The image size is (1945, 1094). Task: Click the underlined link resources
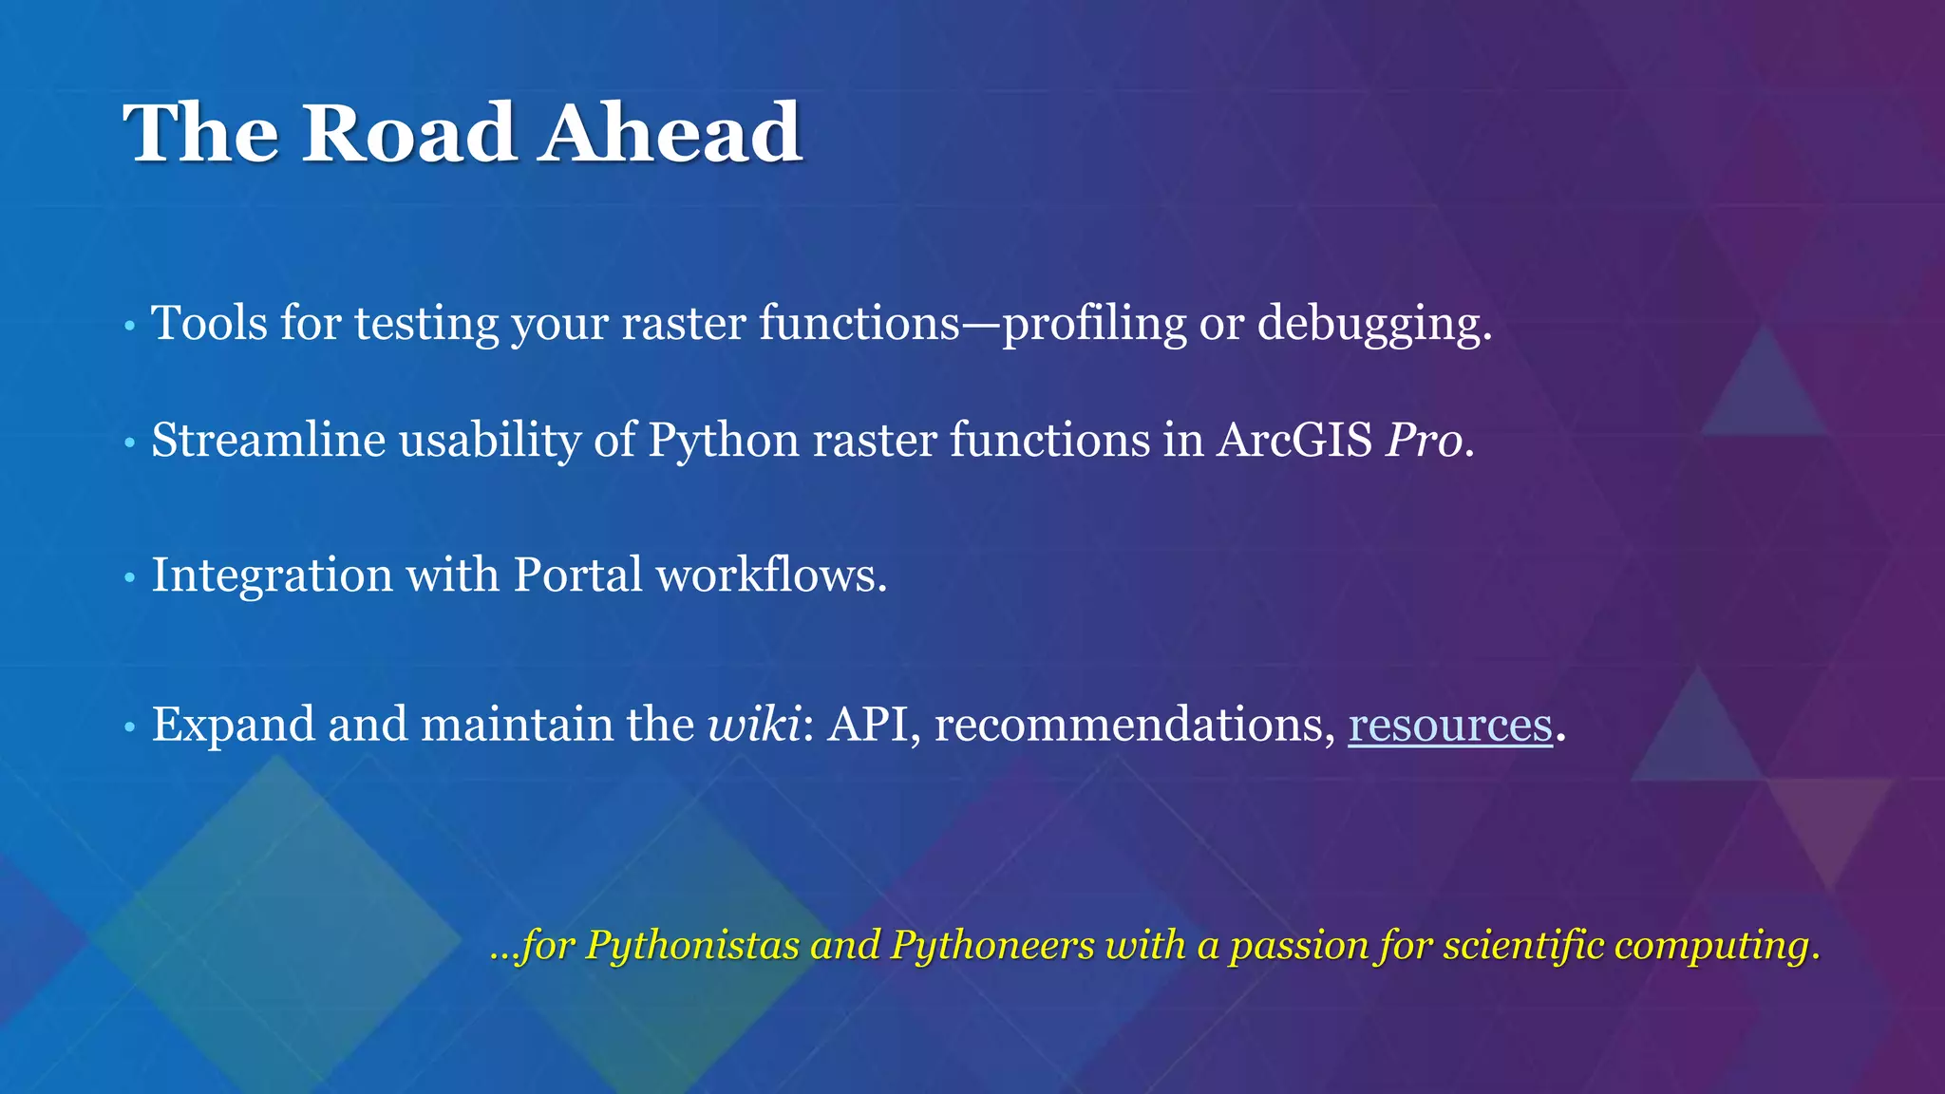pyautogui.click(x=1449, y=726)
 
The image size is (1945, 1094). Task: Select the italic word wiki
pyautogui.click(x=754, y=726)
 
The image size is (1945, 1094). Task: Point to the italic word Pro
pyautogui.click(x=1424, y=441)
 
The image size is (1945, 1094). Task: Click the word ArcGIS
pyautogui.click(x=1294, y=441)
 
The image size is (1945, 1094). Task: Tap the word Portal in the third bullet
pyautogui.click(x=577, y=575)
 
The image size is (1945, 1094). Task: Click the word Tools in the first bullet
pyautogui.click(x=209, y=324)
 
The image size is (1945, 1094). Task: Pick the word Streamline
pyautogui.click(x=268, y=441)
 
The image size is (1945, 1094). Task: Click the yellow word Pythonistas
pyautogui.click(x=692, y=946)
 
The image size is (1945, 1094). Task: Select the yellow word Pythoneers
pyautogui.click(x=991, y=946)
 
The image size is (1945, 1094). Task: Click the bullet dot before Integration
pyautogui.click(x=130, y=577)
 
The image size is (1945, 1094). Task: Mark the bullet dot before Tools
pyautogui.click(x=130, y=327)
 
